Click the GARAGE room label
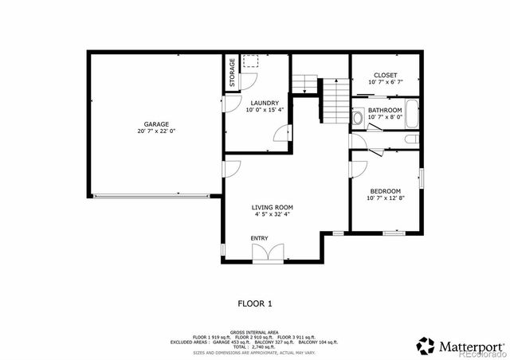point(156,124)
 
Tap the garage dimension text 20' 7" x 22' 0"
point(156,131)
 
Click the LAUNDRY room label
point(264,103)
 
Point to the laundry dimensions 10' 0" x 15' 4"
point(264,110)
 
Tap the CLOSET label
point(386,75)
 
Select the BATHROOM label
point(385,110)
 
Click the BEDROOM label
point(386,190)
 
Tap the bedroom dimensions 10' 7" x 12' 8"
point(386,198)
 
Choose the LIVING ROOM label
point(273,206)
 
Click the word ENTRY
point(260,238)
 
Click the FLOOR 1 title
point(255,303)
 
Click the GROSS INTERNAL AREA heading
point(254,331)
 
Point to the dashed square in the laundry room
point(250,62)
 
